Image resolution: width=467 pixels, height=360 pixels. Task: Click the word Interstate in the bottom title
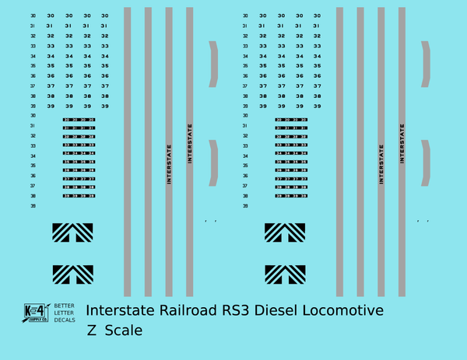tap(120, 311)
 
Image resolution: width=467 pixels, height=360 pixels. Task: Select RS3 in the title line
tap(238, 311)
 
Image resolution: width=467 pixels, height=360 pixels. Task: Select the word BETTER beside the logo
tap(64, 306)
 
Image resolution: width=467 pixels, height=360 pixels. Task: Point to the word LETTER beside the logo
tap(64, 313)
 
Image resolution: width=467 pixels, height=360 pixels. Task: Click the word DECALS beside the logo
tap(64, 320)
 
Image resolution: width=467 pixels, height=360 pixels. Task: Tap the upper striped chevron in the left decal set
tap(72, 232)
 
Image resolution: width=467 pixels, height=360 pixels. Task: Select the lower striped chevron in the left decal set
tap(72, 274)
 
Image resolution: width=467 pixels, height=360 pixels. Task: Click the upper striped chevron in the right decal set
tap(285, 232)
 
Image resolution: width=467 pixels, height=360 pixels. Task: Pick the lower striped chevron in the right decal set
tap(285, 274)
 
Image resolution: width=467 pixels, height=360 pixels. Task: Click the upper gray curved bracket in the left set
tap(213, 64)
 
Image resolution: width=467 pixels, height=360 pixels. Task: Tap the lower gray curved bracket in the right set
tap(426, 163)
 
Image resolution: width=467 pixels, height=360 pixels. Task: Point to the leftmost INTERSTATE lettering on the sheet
tap(169, 163)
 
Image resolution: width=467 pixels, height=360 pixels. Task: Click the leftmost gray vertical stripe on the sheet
tap(128, 152)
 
